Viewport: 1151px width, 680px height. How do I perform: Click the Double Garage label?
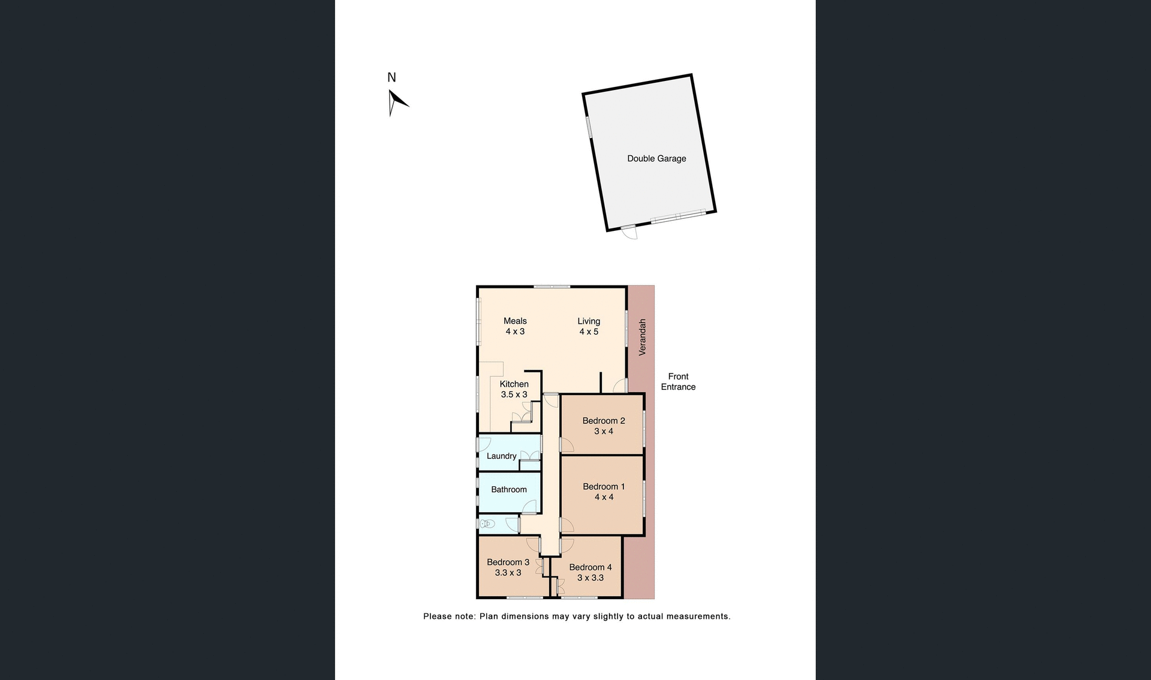(x=656, y=158)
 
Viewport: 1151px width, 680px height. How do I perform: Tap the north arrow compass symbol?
(x=396, y=103)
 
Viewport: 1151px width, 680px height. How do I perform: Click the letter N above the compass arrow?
(x=391, y=77)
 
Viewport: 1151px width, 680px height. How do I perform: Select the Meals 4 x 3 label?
(x=515, y=326)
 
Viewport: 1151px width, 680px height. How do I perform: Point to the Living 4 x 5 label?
(x=589, y=326)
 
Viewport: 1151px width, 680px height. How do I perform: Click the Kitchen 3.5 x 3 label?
(x=514, y=389)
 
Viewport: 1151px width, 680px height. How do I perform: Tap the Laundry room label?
(x=501, y=456)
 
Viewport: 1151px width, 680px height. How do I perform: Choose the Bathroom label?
(x=509, y=489)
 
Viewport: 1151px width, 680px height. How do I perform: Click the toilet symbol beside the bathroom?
(x=487, y=524)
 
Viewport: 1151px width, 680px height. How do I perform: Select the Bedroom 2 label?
(x=604, y=426)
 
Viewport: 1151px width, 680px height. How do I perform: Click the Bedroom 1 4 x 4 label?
(x=604, y=492)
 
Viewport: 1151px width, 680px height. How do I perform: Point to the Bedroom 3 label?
(x=508, y=567)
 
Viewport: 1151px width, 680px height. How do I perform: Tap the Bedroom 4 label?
(x=590, y=572)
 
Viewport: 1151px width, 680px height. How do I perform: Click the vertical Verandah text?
(x=642, y=337)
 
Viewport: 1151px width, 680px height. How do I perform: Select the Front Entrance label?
(x=678, y=381)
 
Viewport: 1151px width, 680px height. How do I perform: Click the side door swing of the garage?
(x=629, y=233)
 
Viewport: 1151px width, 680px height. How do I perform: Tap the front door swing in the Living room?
(x=620, y=386)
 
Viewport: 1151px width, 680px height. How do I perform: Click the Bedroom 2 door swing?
(x=567, y=445)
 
